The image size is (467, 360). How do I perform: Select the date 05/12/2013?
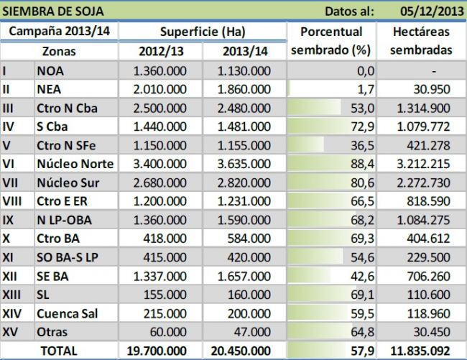(430, 11)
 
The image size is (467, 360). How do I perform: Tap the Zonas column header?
(59, 52)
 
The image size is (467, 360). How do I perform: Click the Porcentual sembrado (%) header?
(331, 42)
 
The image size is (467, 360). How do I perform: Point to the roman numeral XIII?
(12, 295)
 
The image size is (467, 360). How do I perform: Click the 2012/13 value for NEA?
(162, 90)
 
